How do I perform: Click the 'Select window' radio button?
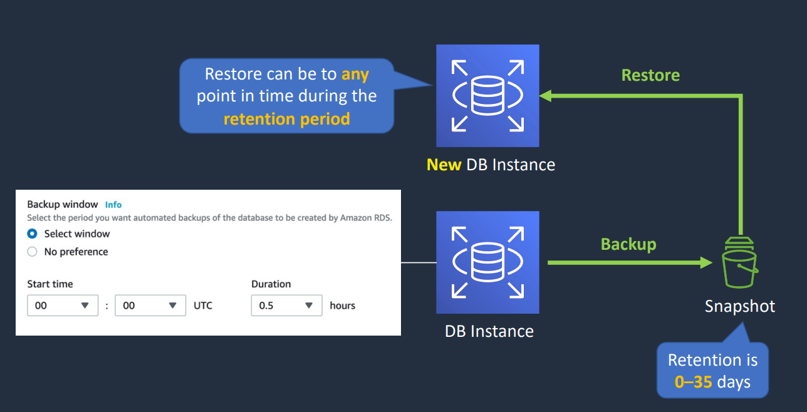coord(32,234)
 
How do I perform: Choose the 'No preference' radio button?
coord(32,251)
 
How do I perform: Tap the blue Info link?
coord(113,205)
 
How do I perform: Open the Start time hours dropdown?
coord(63,306)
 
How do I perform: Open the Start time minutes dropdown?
coord(150,306)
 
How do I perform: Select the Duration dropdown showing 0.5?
coord(286,306)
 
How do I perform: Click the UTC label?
coord(203,306)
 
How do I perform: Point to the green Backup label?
coord(628,245)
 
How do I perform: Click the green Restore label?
coord(650,75)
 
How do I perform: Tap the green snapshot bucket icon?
coord(739,262)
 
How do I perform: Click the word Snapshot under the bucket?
coord(739,306)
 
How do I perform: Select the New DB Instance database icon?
coord(487,96)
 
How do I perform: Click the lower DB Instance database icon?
coord(487,262)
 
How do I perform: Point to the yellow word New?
coord(444,165)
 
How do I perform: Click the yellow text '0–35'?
coord(693,382)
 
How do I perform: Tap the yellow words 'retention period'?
coord(287,119)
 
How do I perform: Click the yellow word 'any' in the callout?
coord(355,75)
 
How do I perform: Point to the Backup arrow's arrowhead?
coord(706,262)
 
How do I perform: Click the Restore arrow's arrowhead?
coord(546,96)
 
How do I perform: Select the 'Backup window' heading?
coord(62,205)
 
